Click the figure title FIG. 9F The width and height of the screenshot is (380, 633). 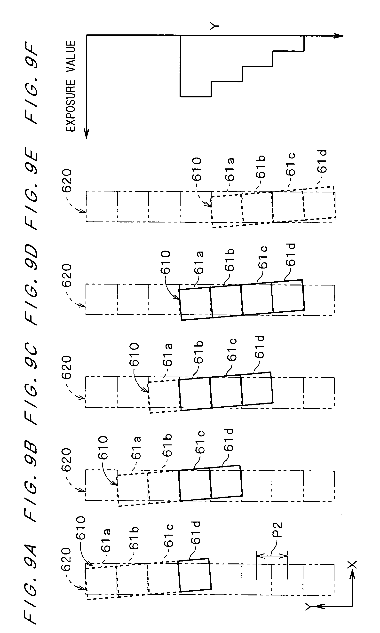(x=32, y=84)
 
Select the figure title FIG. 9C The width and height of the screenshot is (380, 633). (x=32, y=384)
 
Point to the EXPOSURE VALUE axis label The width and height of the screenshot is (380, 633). (x=71, y=86)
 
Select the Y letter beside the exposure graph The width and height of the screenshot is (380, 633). (x=214, y=26)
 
